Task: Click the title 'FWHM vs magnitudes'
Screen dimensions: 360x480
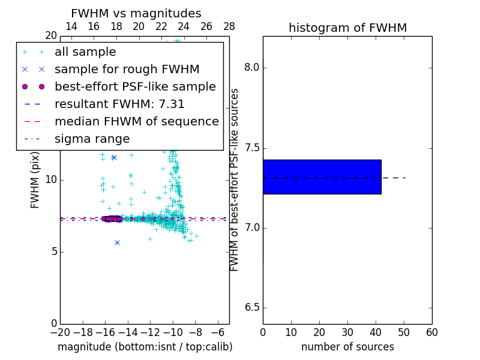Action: tap(136, 14)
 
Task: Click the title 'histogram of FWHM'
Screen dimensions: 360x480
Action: tap(347, 28)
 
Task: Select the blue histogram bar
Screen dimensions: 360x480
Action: tap(322, 177)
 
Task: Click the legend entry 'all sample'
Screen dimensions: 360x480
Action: tap(85, 52)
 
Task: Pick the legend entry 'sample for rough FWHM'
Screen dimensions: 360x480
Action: tap(127, 69)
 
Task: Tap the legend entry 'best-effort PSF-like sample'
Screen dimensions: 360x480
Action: tap(135, 86)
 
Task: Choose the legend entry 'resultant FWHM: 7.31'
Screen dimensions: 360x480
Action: tap(119, 104)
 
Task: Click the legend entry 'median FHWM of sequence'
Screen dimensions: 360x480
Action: tap(136, 121)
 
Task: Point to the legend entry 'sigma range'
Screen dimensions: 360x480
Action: tap(92, 139)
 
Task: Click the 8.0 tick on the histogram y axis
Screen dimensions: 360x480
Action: tap(252, 67)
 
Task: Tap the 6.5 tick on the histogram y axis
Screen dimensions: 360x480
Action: tap(252, 308)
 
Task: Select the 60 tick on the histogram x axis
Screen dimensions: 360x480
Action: tap(431, 332)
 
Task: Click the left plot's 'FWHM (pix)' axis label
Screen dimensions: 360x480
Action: tap(35, 179)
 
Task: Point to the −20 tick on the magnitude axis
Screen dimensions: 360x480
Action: tap(60, 332)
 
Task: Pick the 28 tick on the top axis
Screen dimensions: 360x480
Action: tap(229, 26)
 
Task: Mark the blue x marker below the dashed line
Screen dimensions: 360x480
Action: tap(117, 242)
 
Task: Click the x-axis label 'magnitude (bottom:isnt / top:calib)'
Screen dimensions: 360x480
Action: tap(145, 347)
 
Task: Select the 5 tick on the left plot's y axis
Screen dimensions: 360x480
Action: tap(53, 252)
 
